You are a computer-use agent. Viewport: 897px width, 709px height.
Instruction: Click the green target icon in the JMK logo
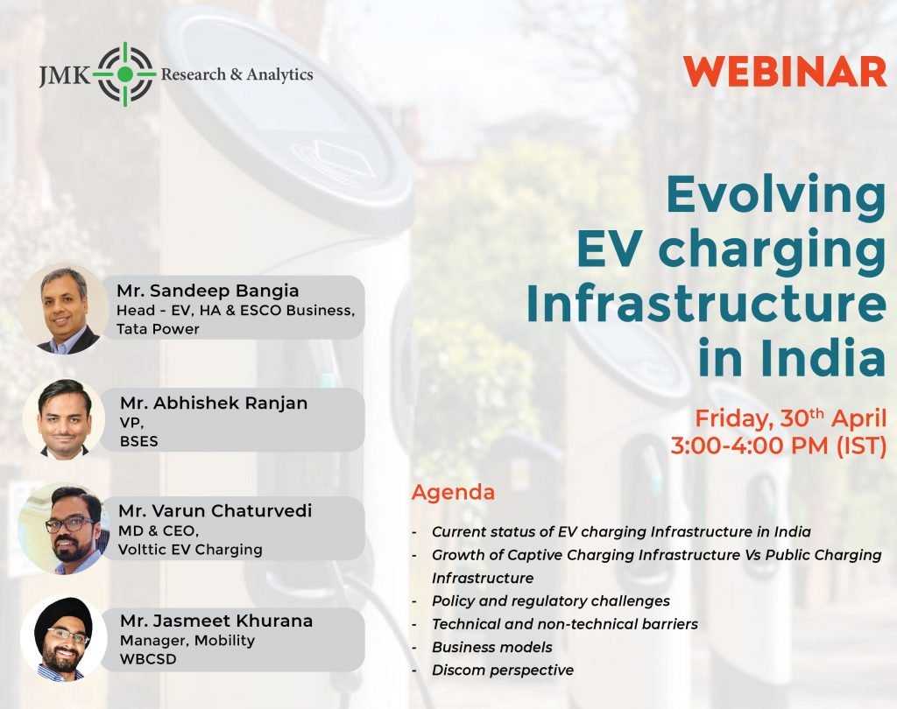126,74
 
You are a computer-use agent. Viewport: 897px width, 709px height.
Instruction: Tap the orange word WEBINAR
785,72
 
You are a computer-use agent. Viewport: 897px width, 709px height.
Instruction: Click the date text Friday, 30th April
791,418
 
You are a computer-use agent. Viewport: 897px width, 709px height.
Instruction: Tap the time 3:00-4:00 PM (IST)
779,446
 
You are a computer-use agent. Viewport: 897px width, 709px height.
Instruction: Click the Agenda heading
453,493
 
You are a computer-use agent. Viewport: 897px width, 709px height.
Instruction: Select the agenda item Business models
492,647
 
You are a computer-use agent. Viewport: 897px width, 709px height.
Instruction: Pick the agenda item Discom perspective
503,670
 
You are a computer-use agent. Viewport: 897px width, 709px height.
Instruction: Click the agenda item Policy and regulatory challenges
551,601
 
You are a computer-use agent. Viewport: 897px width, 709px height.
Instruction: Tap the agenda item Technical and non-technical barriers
565,624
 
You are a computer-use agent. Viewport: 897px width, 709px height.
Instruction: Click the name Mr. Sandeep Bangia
208,291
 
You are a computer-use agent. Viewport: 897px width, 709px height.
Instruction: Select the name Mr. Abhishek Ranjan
214,404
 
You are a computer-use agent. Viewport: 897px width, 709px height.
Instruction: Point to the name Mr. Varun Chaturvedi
215,510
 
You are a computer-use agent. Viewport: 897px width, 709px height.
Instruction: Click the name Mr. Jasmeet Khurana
216,621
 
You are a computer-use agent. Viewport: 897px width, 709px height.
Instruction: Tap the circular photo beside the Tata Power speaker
64,309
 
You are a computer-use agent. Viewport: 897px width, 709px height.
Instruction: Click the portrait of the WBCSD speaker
63,639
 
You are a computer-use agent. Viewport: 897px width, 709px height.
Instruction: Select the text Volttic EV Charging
190,550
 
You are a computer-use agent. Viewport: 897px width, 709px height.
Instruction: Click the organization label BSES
139,441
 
